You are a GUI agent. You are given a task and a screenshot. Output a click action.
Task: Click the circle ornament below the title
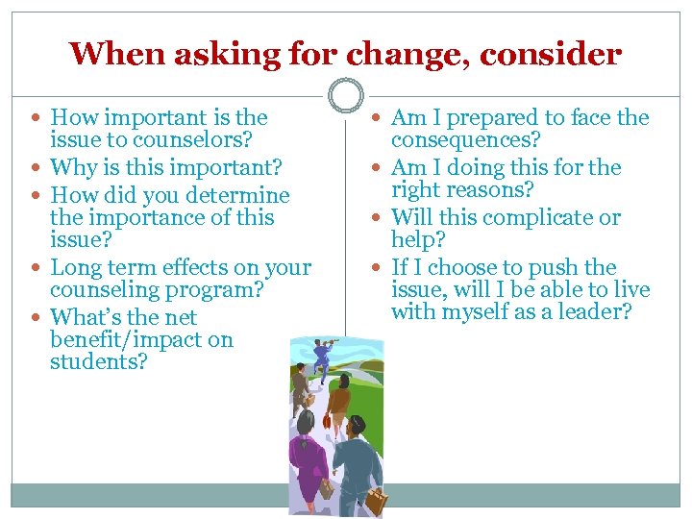345,95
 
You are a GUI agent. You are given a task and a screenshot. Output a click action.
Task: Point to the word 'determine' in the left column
240,194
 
